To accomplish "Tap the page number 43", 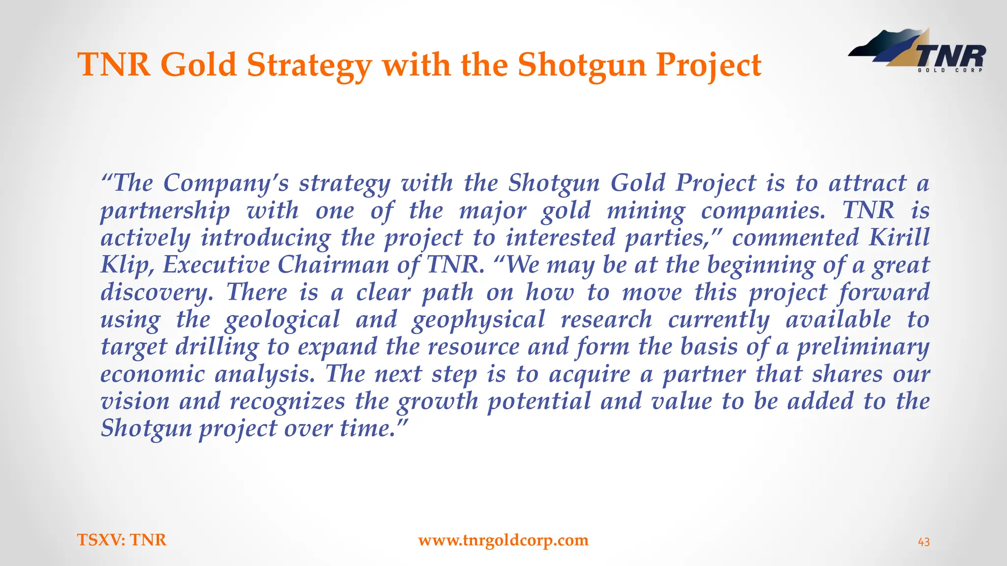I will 924,542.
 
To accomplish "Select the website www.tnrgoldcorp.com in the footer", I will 503,540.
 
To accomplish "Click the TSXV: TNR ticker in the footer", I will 122,540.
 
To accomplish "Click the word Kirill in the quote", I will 899,238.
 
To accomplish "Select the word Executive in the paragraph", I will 216,265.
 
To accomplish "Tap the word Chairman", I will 333,265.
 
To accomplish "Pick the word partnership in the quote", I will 165,211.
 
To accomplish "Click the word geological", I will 282,320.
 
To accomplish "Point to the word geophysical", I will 478,320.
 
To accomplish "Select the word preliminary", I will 863,347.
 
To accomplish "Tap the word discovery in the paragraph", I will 157,292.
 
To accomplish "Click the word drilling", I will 217,347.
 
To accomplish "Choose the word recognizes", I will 288,401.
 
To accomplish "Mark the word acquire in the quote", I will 590,374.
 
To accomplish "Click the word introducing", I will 266,238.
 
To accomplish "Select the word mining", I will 646,211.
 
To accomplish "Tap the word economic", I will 152,374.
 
